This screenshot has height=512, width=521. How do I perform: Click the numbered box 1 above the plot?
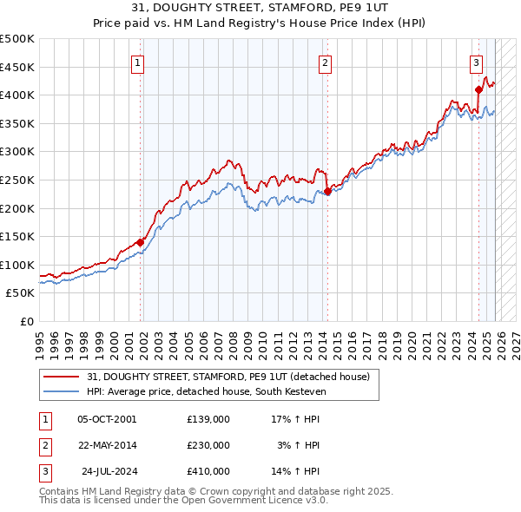click(139, 62)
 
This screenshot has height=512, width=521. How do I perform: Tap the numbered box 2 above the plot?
click(325, 62)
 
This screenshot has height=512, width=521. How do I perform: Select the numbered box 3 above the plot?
click(477, 62)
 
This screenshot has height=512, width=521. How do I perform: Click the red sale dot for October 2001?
click(140, 243)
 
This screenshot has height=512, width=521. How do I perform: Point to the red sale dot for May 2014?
click(327, 191)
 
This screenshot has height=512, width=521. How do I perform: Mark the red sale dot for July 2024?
click(478, 89)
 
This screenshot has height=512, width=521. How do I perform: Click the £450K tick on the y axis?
click(17, 67)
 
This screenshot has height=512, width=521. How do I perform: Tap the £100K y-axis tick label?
click(17, 265)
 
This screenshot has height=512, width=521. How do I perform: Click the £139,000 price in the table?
click(208, 418)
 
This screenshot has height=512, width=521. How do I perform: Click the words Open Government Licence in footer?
click(257, 501)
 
